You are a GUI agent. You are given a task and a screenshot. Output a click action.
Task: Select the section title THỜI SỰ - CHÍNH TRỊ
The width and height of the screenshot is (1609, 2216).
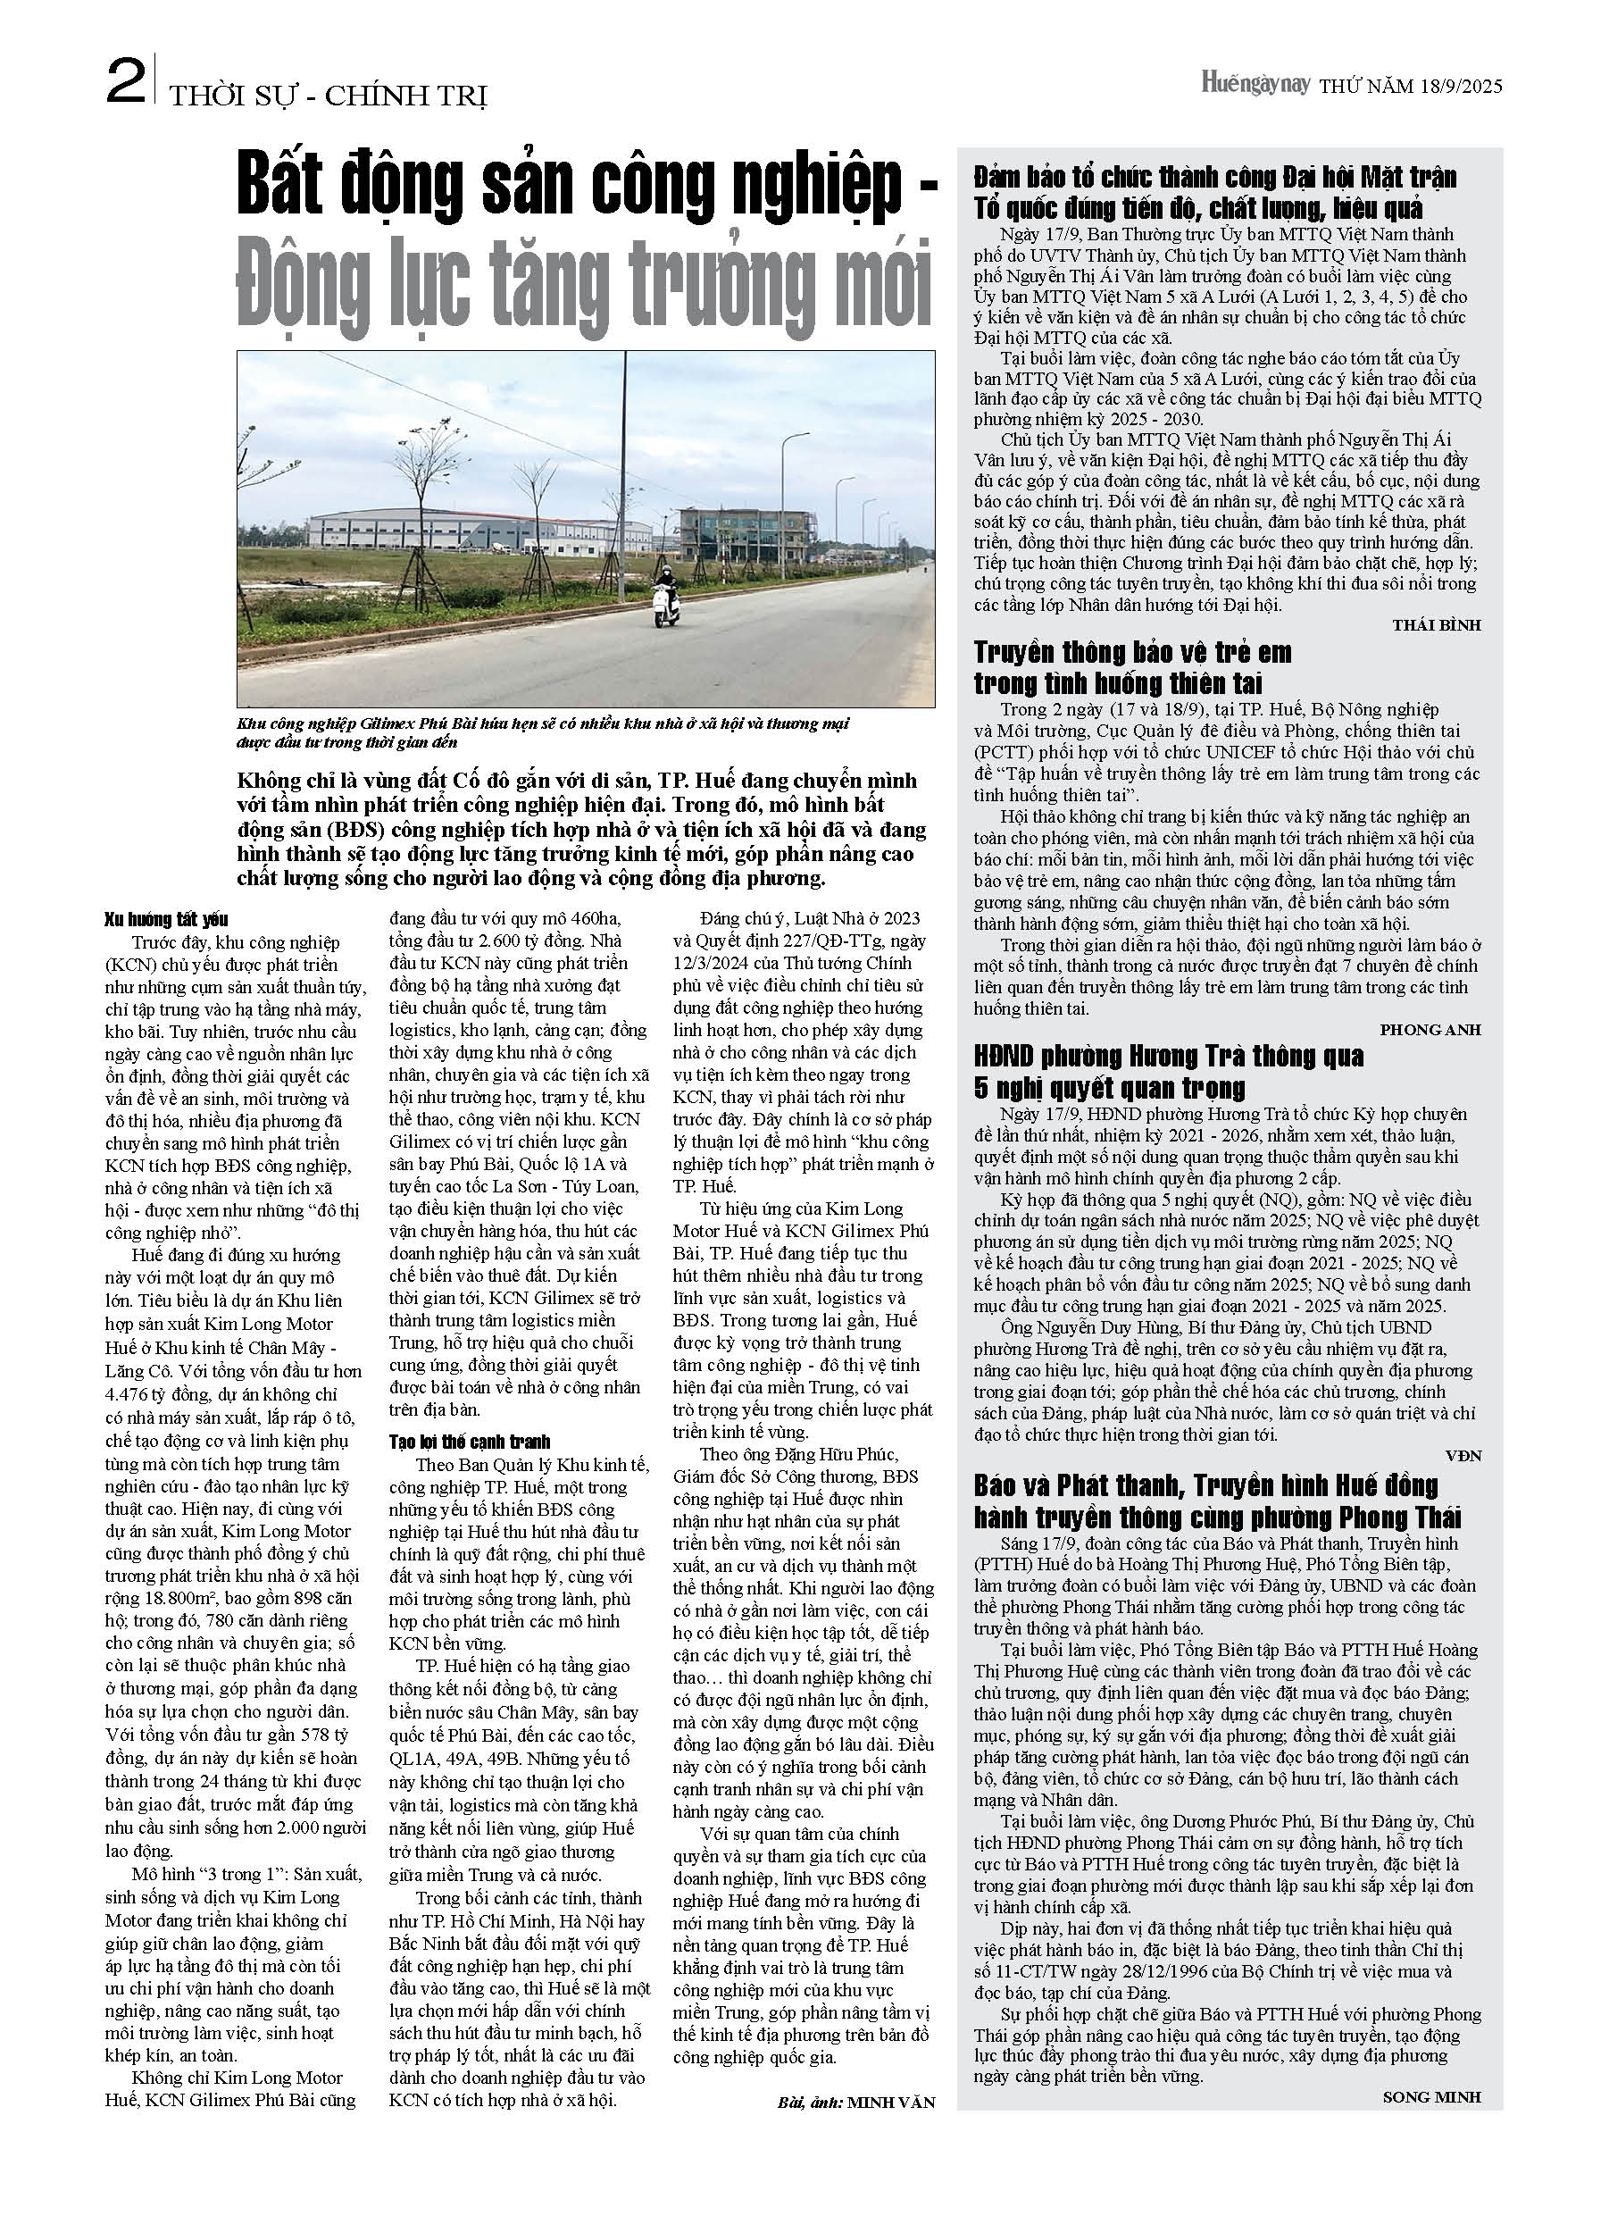328,96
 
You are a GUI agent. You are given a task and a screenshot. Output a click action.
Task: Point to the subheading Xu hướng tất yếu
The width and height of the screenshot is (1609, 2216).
166,919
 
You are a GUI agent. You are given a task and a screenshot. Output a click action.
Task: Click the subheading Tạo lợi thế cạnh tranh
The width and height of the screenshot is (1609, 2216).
469,1442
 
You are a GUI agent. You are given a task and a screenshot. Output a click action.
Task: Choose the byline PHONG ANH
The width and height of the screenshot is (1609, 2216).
1430,1030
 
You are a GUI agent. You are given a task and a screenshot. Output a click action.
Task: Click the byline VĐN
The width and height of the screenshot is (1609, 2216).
1463,1456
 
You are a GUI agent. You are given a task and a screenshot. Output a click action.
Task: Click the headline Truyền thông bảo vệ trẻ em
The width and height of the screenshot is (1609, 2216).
1132,667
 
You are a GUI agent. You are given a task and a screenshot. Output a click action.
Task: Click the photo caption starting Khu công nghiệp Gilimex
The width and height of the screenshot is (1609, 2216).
542,732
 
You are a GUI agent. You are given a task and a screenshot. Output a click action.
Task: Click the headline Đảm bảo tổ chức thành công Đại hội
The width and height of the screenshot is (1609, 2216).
1214,193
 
